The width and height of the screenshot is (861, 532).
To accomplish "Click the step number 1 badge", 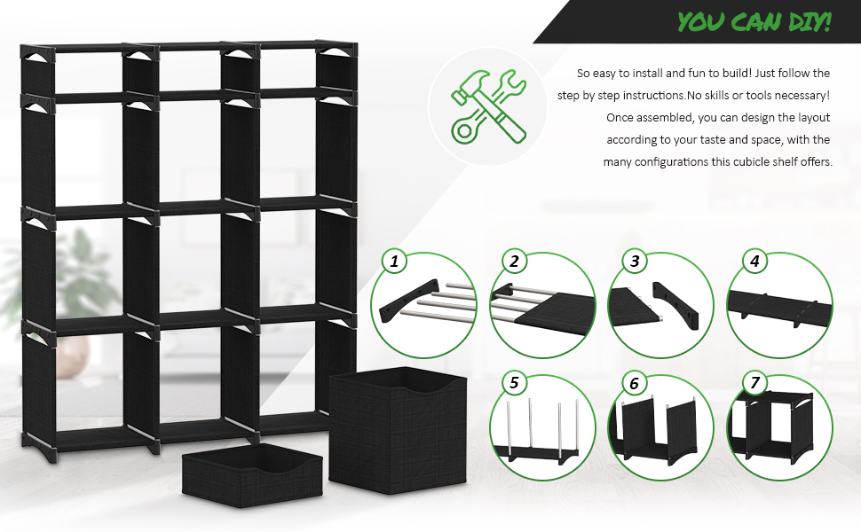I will click(x=394, y=262).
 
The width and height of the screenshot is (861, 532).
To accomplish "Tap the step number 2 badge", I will click(x=513, y=262).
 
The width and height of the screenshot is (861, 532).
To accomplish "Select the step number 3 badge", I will click(x=634, y=262).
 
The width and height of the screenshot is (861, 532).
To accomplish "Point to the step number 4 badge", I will click(x=754, y=262).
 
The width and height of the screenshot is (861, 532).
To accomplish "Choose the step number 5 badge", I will click(x=513, y=383).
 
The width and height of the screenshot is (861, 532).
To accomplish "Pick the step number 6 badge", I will click(x=634, y=383).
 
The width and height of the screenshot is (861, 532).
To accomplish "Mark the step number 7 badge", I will click(x=754, y=383).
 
